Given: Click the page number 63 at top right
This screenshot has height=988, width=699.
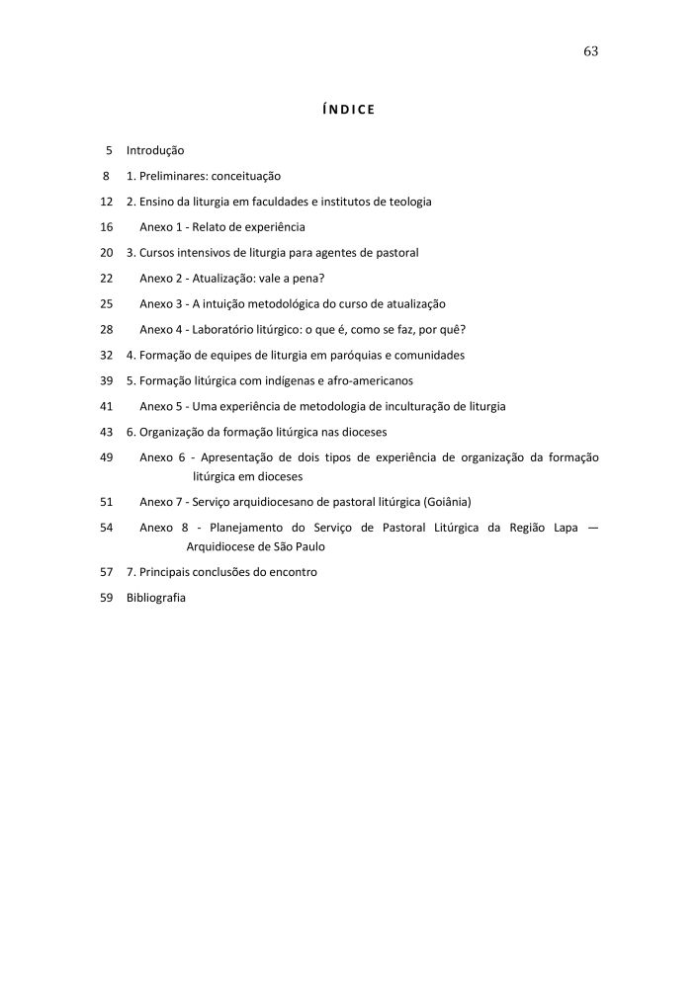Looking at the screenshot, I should coord(591,51).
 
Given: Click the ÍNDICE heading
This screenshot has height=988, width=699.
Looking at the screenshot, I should coord(349,109).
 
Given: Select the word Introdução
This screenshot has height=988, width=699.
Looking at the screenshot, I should coord(155,150).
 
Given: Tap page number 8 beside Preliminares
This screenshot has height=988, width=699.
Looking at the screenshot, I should coord(105,176).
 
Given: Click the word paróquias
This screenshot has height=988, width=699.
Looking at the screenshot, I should coord(355,356).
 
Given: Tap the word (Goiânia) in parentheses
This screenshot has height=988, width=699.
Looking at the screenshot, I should coord(444,502).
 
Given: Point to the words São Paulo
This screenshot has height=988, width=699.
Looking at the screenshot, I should coord(301,546).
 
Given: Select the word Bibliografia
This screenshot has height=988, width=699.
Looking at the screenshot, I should coord(156,599).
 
